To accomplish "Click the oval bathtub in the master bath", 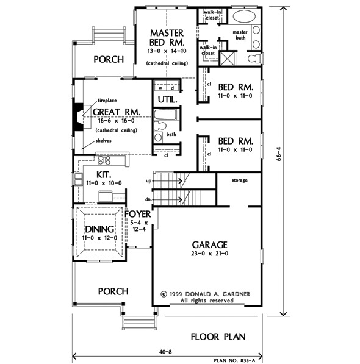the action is [x=244, y=16].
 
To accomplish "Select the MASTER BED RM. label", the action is [x=167, y=38].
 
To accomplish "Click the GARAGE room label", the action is [x=209, y=245].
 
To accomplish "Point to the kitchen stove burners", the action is [x=104, y=160].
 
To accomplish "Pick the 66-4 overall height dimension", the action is [x=279, y=154].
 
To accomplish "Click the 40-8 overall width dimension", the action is [x=165, y=352].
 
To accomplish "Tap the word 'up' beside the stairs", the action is [x=149, y=181].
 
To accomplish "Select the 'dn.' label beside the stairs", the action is [x=149, y=199].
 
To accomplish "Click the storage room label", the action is [x=239, y=180].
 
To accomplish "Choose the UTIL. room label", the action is [x=167, y=99].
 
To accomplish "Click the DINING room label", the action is [x=99, y=229].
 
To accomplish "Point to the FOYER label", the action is [x=138, y=214].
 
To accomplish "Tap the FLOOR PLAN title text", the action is [x=218, y=337].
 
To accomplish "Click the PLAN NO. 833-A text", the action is [x=234, y=360].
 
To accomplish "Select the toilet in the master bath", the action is [x=255, y=59].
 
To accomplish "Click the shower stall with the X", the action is [x=227, y=59].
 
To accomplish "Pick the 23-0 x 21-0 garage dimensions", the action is [x=209, y=254].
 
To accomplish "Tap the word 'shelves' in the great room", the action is [x=103, y=141].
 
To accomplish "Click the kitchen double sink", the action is [x=78, y=179].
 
